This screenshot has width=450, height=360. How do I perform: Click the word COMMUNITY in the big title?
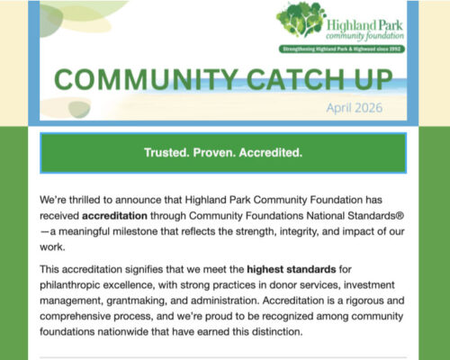tap(146, 79)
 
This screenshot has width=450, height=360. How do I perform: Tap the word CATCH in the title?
tap(296, 79)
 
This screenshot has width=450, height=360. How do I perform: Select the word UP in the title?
tap(373, 79)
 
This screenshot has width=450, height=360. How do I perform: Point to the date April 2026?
tap(355, 108)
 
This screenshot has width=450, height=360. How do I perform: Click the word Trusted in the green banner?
tap(166, 153)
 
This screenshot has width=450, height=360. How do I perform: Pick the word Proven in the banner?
tap(214, 153)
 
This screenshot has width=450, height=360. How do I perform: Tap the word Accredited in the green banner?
tap(271, 153)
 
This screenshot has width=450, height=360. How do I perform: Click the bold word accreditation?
tap(114, 216)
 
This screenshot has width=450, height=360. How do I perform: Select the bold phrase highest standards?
tap(292, 269)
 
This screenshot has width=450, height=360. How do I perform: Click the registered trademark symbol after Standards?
tap(400, 215)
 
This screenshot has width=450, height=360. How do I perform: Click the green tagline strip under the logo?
tap(342, 49)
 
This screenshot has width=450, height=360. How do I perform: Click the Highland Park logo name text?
tap(364, 30)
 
